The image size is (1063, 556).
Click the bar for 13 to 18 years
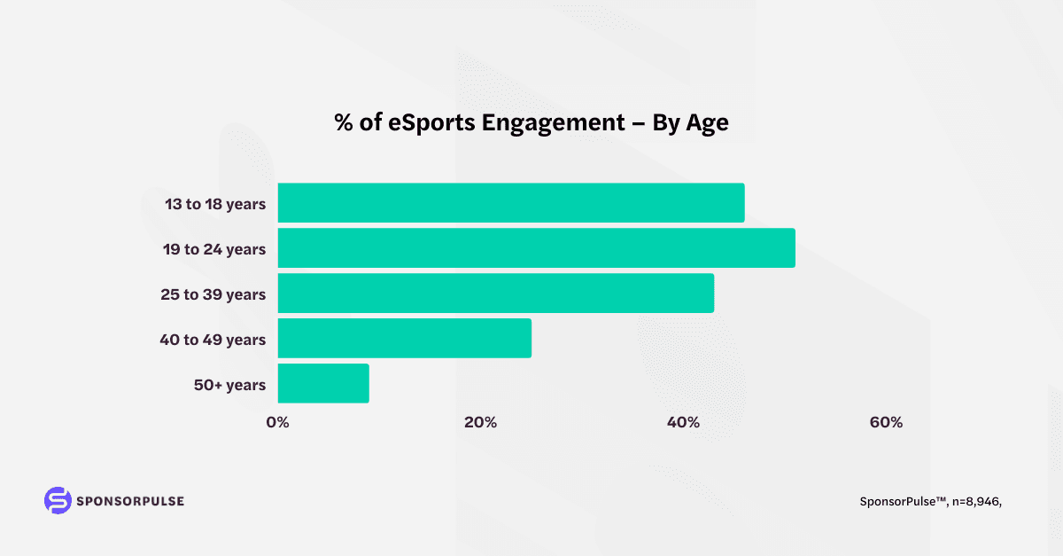click(x=511, y=203)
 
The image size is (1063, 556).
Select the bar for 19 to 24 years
click(x=536, y=248)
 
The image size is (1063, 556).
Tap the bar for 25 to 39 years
click(x=496, y=294)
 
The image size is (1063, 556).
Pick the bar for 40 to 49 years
click(x=405, y=339)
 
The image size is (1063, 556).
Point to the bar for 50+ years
click(x=323, y=384)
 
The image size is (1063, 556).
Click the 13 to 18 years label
click(x=215, y=204)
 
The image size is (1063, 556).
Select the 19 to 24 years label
click(x=214, y=249)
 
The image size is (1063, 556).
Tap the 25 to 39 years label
click(x=213, y=294)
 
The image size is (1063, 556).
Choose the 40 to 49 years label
click(x=213, y=340)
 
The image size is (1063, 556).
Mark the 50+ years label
click(x=229, y=385)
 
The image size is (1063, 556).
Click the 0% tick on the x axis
click(x=277, y=422)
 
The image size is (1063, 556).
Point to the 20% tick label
click(x=480, y=422)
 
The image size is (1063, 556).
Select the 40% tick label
click(x=683, y=422)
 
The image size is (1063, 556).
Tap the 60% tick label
click(x=886, y=422)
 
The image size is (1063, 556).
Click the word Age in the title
click(x=708, y=123)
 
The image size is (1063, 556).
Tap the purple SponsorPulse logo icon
click(x=58, y=500)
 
